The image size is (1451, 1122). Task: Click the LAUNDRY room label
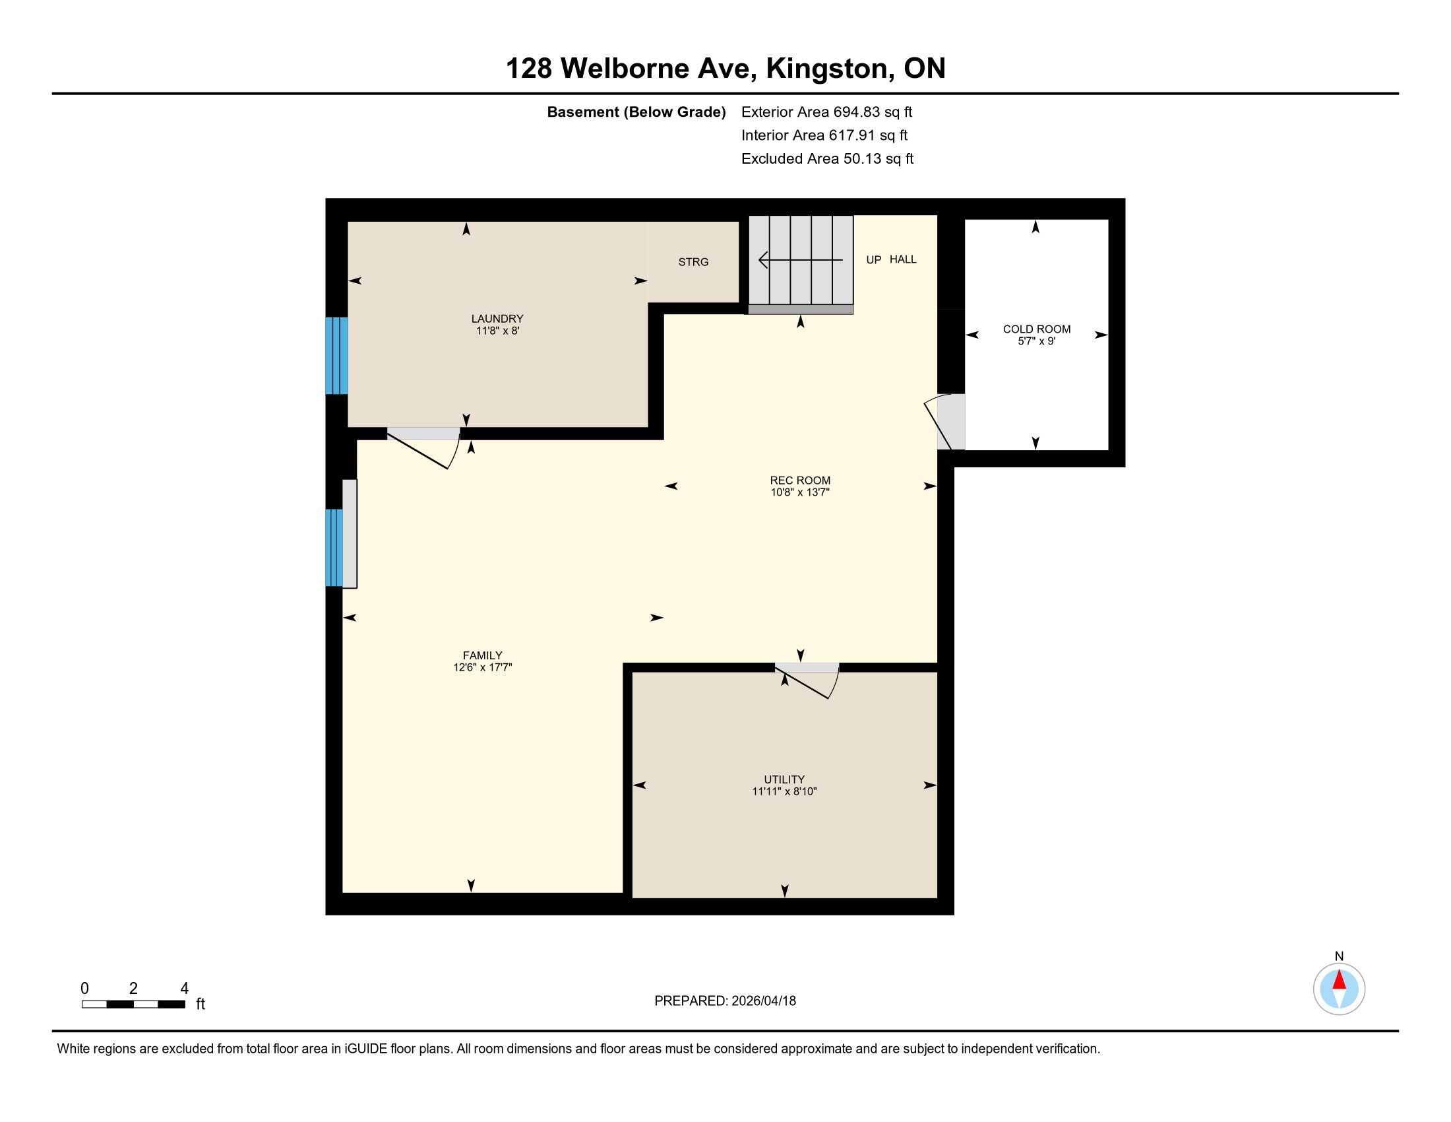[x=497, y=318]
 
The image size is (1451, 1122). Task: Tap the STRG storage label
[x=693, y=262]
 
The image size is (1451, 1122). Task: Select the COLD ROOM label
[x=1036, y=329]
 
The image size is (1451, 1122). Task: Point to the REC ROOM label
[x=800, y=480]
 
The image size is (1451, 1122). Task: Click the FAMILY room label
[x=482, y=655]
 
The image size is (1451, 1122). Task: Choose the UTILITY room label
[x=784, y=779]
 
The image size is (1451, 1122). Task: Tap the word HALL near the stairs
[x=903, y=259]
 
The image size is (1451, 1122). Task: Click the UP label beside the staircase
[x=874, y=260]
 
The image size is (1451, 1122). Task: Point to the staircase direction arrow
[x=801, y=260]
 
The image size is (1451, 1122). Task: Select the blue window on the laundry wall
[x=336, y=356]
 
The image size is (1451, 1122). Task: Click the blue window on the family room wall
[x=334, y=548]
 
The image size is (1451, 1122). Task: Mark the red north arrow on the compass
[x=1339, y=979]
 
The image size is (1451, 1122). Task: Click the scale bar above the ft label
[x=133, y=1005]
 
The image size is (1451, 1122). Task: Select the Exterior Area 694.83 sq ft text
[x=826, y=112]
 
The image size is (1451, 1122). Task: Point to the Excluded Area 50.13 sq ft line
[x=827, y=159]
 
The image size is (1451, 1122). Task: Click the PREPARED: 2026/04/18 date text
[x=725, y=1001]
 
